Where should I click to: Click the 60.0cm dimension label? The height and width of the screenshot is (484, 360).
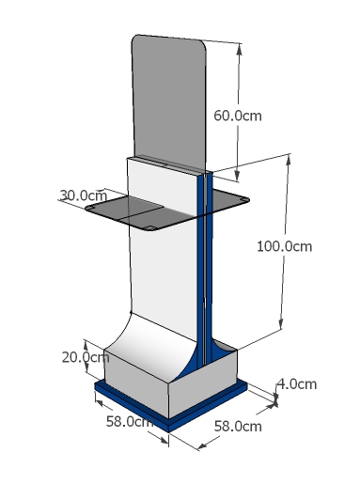[x=238, y=116]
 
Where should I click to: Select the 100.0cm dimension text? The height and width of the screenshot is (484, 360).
[x=284, y=246]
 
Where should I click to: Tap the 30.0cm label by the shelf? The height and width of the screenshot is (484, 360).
[x=84, y=195]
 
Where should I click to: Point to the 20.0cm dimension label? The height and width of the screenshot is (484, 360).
[x=86, y=357]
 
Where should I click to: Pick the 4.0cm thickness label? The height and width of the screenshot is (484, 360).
[x=297, y=384]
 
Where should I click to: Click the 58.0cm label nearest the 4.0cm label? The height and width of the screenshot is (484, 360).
[x=238, y=427]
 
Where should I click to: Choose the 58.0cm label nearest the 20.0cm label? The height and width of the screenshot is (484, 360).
[x=130, y=421]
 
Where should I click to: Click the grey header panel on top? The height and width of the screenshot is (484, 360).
[x=169, y=101]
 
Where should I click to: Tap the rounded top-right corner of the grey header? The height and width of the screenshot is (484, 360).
[x=203, y=45]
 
